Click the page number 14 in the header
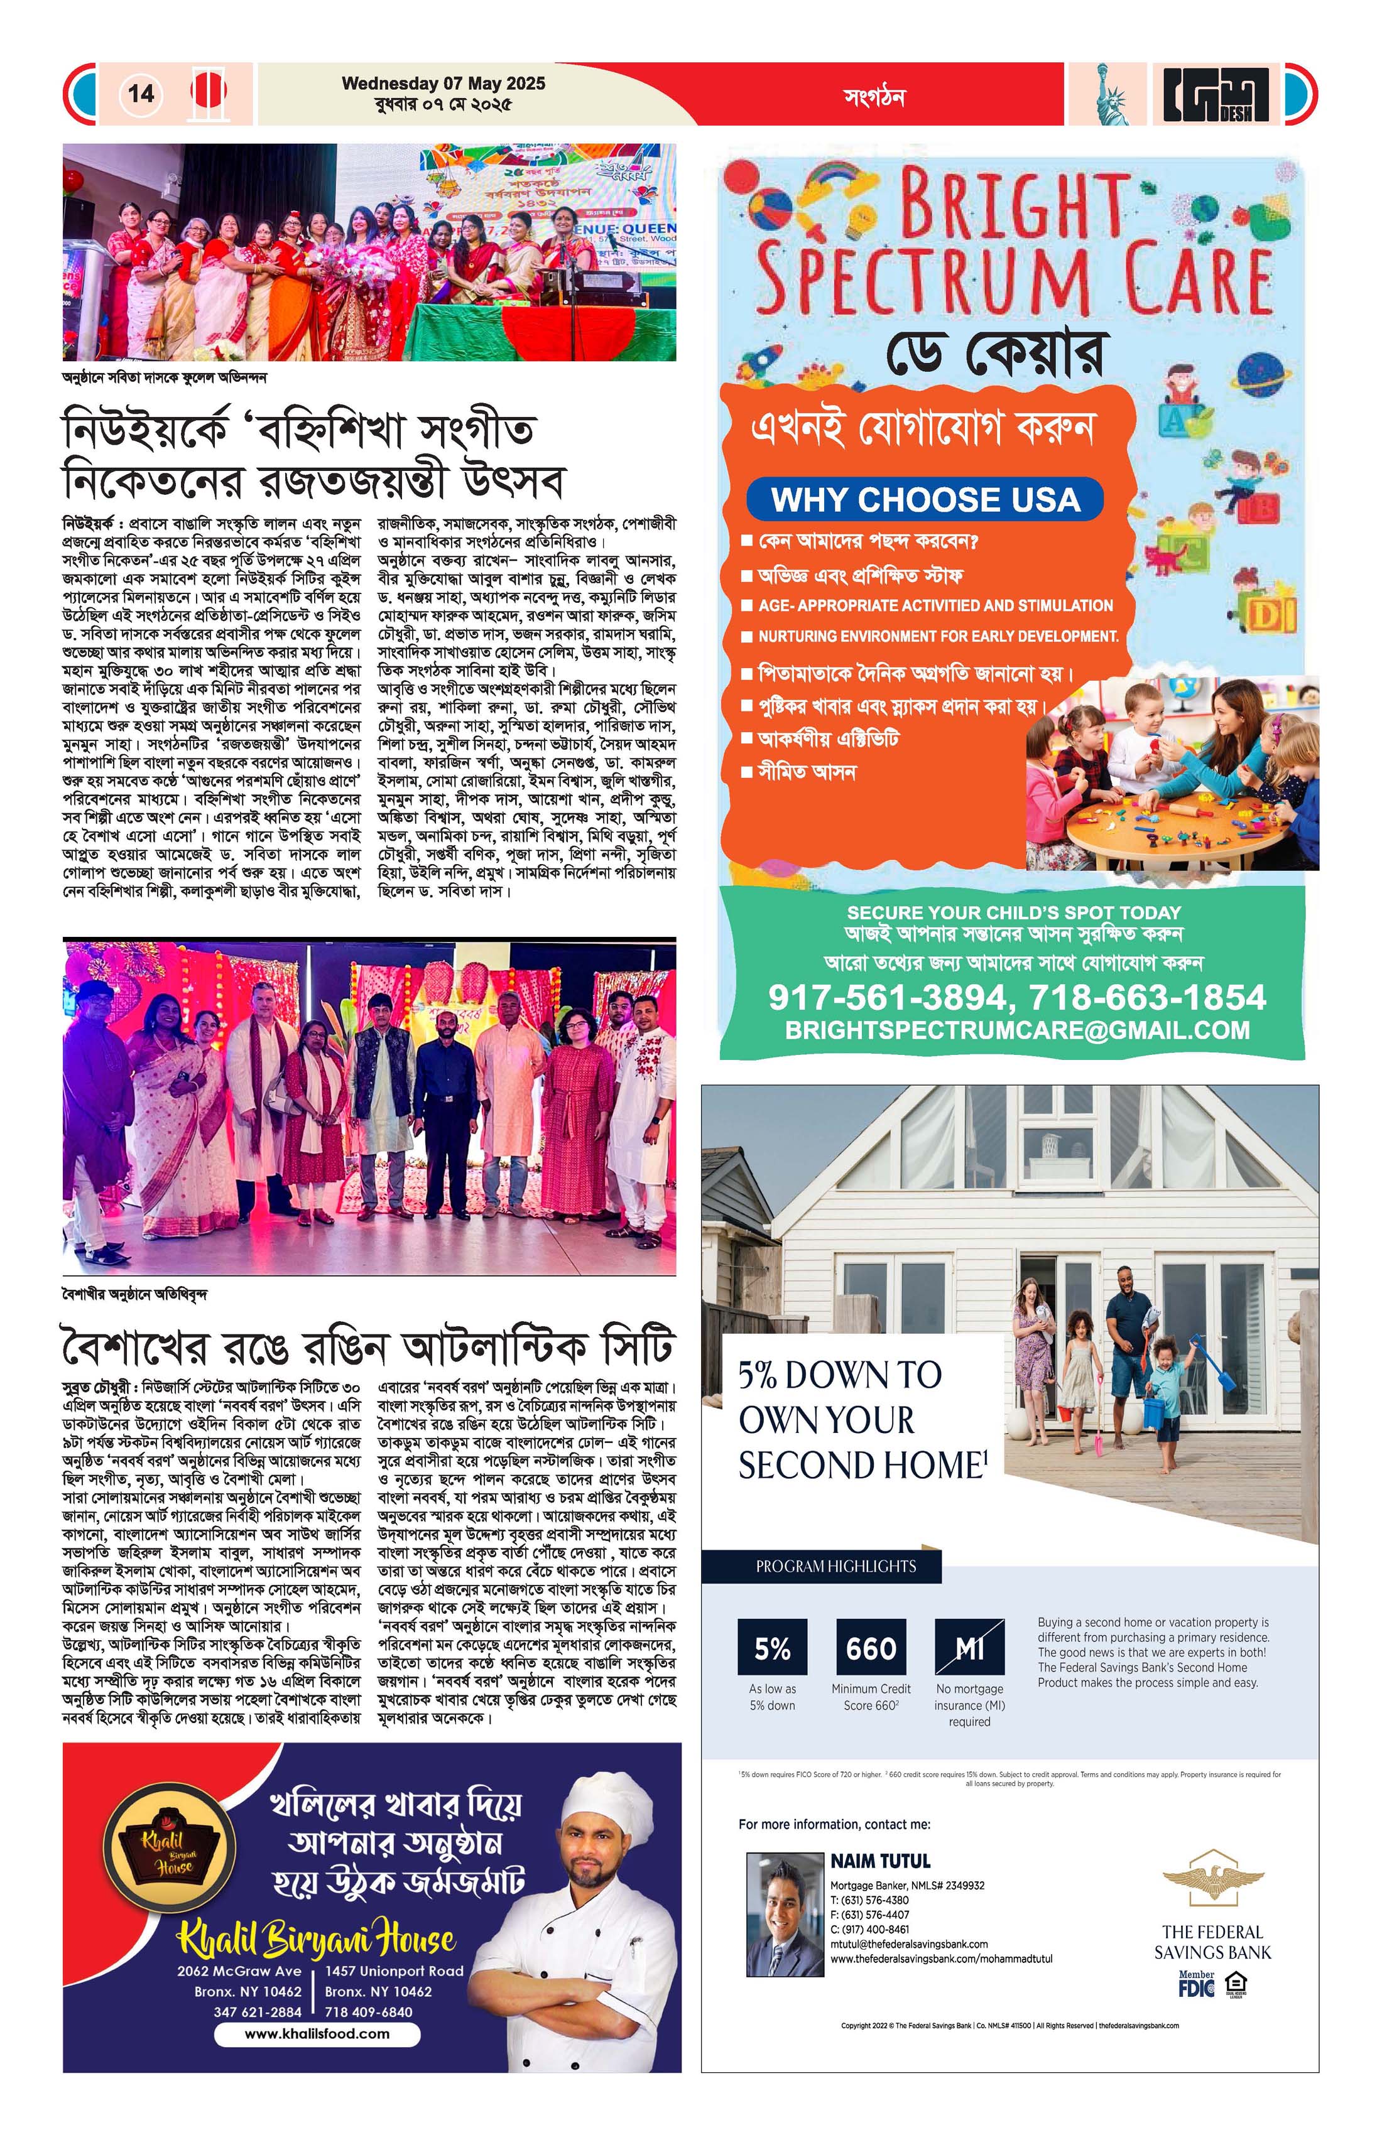point(141,94)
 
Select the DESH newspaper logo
point(1216,94)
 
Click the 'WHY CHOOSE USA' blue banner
point(924,500)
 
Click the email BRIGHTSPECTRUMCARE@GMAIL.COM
point(1017,1030)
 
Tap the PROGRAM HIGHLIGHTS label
point(835,1566)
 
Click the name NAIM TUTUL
point(879,1861)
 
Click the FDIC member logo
point(1197,1984)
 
